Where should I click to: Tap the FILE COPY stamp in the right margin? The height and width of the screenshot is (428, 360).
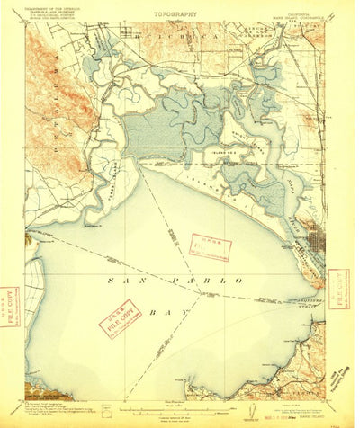339,285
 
